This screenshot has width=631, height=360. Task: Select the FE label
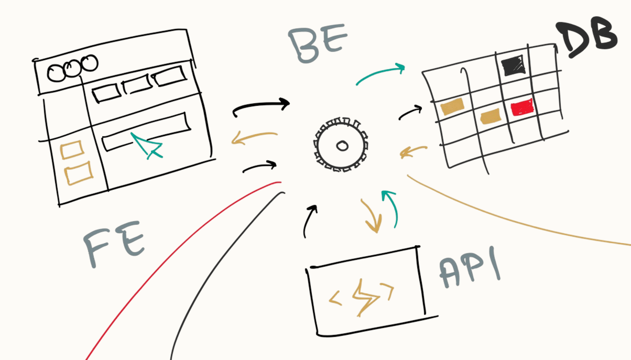(115, 245)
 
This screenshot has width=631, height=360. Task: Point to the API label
(469, 271)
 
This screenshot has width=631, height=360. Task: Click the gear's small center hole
(342, 146)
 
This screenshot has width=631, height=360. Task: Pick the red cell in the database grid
(521, 107)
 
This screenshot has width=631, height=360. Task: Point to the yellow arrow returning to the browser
(254, 138)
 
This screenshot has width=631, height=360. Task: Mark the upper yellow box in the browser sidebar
(72, 150)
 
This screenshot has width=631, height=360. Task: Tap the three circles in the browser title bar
(72, 68)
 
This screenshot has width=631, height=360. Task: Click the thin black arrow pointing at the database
(411, 112)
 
